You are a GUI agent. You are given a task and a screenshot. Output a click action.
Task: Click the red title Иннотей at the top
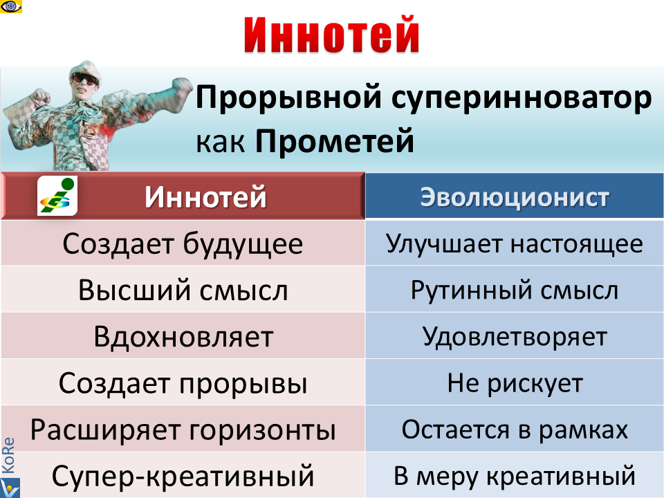[x=332, y=35]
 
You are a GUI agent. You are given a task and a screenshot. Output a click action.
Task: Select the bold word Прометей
[x=335, y=142]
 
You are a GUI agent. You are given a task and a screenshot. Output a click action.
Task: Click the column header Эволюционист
[x=515, y=197]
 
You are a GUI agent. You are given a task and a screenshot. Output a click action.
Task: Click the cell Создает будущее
[x=183, y=243]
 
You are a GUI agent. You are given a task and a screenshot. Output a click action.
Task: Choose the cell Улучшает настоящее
[x=515, y=243]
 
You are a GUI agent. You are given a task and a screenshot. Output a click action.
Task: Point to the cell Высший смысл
[x=183, y=290]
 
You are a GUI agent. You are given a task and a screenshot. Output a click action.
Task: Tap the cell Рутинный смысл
[x=515, y=290]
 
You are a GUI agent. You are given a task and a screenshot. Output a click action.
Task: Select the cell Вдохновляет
[x=183, y=337]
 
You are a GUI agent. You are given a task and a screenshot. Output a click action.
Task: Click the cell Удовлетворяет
[x=515, y=337]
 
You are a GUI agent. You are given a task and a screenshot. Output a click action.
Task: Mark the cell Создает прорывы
[x=183, y=383]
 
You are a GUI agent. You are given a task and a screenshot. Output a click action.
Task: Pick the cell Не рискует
[x=515, y=383]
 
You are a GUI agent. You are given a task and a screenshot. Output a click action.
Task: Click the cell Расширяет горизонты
[x=183, y=430]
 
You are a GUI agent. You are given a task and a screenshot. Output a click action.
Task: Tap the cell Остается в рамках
[x=515, y=430]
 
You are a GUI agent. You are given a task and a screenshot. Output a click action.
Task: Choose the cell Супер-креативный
[x=183, y=477]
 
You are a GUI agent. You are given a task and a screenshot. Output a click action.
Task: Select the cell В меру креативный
[x=515, y=477]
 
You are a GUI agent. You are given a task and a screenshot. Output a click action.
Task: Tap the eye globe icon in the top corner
[x=12, y=7]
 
